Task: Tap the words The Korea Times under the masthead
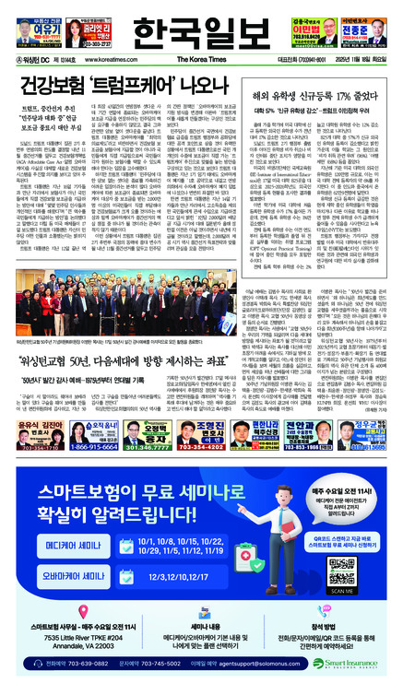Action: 198,58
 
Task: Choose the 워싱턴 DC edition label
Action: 26,58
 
